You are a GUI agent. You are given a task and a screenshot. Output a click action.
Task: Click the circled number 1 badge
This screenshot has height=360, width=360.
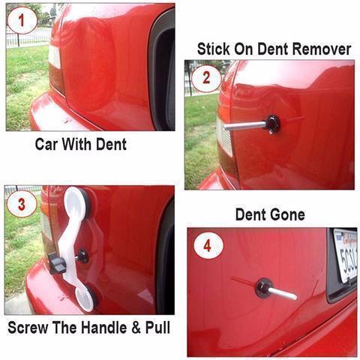point(22,20)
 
